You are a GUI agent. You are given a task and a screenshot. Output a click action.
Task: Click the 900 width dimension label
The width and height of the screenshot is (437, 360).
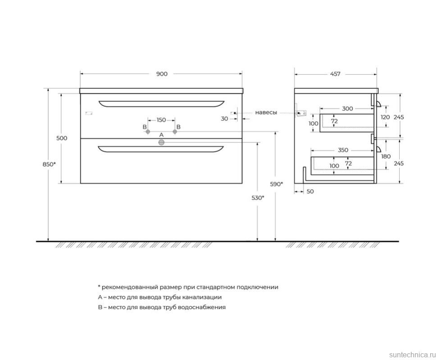(x=162, y=74)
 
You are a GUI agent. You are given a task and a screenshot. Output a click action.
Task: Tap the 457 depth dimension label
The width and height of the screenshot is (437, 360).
(x=335, y=74)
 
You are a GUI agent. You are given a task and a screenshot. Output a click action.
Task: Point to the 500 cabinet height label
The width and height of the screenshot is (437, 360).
(x=62, y=138)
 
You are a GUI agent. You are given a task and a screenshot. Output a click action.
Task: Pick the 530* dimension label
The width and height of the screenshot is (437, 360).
(x=258, y=197)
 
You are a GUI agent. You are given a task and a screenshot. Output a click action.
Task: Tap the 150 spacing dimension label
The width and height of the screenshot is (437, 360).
(x=161, y=120)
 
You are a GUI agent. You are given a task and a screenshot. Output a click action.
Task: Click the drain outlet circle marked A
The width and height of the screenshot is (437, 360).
(x=161, y=143)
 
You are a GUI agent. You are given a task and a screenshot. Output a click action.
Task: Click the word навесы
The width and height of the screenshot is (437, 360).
(x=266, y=113)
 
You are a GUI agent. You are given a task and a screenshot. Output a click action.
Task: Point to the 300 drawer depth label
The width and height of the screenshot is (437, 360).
(x=347, y=109)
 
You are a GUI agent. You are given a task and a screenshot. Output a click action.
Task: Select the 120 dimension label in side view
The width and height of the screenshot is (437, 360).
(x=385, y=117)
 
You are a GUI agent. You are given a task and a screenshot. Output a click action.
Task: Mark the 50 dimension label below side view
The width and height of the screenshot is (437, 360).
(x=310, y=191)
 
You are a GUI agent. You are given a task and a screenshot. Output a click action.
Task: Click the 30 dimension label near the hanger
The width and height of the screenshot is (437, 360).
(x=224, y=118)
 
